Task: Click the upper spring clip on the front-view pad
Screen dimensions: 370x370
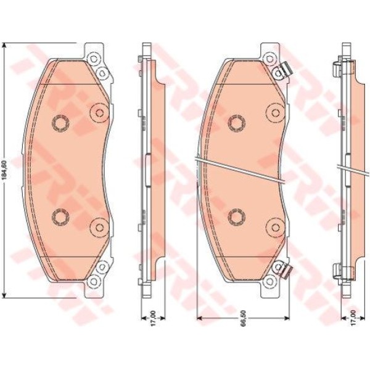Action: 285,69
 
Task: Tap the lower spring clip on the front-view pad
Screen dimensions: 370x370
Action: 285,270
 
